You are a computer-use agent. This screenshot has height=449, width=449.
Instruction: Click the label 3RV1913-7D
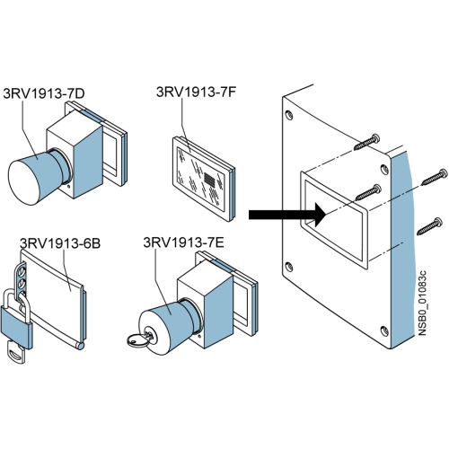pyautogui.click(x=44, y=93)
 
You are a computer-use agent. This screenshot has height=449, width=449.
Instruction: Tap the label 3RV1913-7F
pyautogui.click(x=197, y=92)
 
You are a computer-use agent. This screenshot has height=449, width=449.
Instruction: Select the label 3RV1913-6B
pyautogui.click(x=60, y=243)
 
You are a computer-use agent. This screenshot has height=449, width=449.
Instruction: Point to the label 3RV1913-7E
pyautogui.click(x=183, y=242)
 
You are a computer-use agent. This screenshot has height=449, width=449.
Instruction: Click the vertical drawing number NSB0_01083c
pyautogui.click(x=422, y=303)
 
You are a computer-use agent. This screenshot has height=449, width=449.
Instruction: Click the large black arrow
pyautogui.click(x=287, y=215)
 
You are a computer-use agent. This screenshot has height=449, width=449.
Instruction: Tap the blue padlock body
pyautogui.click(x=17, y=328)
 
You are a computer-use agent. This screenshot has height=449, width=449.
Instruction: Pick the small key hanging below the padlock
pyautogui.click(x=15, y=354)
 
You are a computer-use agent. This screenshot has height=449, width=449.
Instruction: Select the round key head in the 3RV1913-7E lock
pyautogui.click(x=137, y=340)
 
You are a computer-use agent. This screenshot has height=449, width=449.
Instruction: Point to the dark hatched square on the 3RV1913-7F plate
pyautogui.click(x=210, y=180)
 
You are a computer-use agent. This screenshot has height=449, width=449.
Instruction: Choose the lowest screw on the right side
pyautogui.click(x=429, y=226)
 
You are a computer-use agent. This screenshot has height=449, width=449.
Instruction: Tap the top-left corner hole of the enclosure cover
pyautogui.click(x=289, y=115)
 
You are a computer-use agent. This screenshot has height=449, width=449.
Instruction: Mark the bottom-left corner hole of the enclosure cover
pyautogui.click(x=288, y=266)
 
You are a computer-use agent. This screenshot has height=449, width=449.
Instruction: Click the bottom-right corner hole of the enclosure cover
pyautogui.click(x=384, y=330)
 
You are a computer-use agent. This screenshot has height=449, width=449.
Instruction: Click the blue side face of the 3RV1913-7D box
pyautogui.click(x=88, y=160)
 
